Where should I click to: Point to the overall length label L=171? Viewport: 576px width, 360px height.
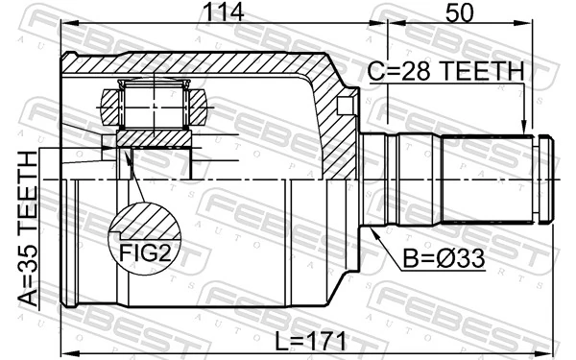pos(305,341)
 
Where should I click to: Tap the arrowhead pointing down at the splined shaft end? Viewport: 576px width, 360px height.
pos(523,125)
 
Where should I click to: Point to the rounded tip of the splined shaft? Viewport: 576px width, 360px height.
pos(546,178)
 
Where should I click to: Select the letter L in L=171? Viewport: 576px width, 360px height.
pos(276,341)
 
